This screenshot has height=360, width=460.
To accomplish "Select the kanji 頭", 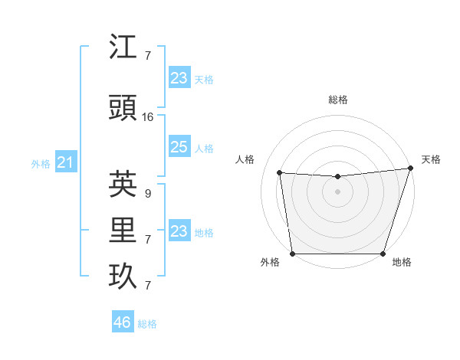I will (123, 109).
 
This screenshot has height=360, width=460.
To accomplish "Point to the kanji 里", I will (123, 231).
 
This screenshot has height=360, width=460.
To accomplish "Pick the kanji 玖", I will (123, 277).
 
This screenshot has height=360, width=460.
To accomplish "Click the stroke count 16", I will (148, 117).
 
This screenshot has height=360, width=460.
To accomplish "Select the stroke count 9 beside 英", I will (147, 194).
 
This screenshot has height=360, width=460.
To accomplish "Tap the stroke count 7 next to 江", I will (147, 55).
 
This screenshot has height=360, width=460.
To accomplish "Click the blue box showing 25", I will (179, 147).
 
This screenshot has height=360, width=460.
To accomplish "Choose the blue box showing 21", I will (65, 162).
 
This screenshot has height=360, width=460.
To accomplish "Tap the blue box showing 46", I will (122, 322).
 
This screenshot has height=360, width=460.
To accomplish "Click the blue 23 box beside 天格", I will (179, 77).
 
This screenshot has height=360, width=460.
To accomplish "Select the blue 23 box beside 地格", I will (179, 231).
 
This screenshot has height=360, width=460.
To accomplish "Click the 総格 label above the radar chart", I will (338, 100).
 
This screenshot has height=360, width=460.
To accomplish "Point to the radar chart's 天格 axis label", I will (431, 159).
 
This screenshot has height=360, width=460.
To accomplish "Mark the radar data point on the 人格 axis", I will (279, 173).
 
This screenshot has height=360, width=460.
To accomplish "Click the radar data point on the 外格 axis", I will (293, 253).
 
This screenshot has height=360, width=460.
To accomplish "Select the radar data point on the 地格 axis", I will (383, 253).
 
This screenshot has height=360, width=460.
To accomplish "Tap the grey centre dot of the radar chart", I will (337, 191).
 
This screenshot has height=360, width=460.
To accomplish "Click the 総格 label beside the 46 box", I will (148, 324).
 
